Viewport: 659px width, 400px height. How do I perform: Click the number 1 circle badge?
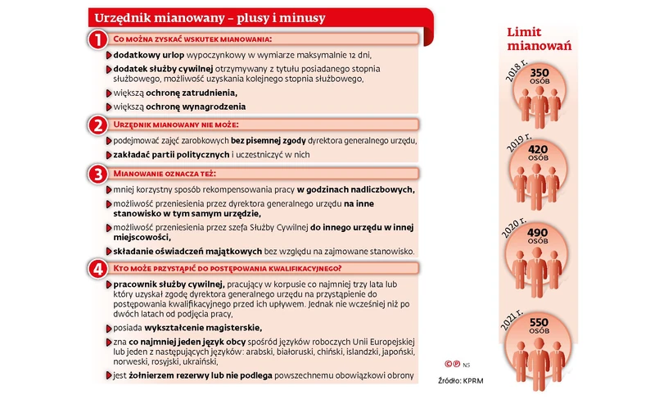(x=97, y=39)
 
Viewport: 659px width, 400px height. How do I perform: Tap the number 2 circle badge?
(x=97, y=125)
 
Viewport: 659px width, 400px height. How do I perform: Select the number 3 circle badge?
(x=97, y=174)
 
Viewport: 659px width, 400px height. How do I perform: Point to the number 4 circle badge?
(x=97, y=268)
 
